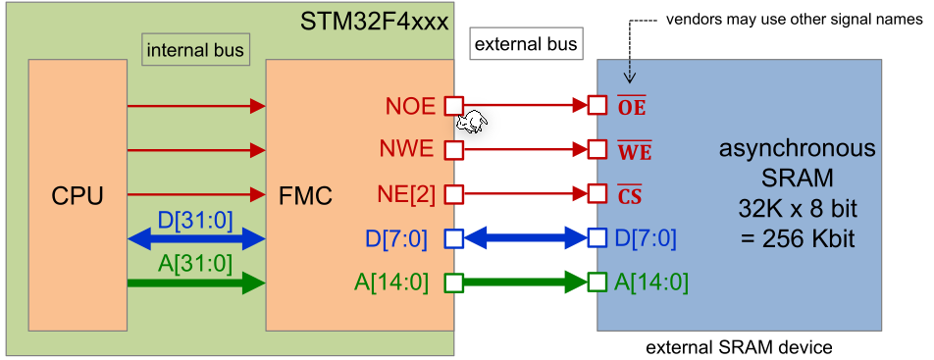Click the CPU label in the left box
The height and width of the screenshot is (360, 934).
coord(78,196)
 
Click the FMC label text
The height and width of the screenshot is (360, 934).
coord(305,196)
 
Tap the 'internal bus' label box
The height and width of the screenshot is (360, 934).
coord(194,49)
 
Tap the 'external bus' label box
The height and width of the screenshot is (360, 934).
coord(525,44)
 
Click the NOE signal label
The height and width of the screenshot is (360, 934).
coord(411,106)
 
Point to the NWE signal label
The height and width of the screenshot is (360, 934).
coord(409,151)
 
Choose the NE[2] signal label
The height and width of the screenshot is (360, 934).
coord(406,194)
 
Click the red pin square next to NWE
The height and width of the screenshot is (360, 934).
coord(453,151)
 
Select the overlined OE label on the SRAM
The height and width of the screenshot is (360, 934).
coord(632,106)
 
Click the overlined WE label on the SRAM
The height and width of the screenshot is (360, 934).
coord(634,151)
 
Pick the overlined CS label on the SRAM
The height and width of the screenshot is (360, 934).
coord(630,195)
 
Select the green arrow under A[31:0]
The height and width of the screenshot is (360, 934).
coord(196,283)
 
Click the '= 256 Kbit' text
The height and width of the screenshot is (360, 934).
coord(797,237)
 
